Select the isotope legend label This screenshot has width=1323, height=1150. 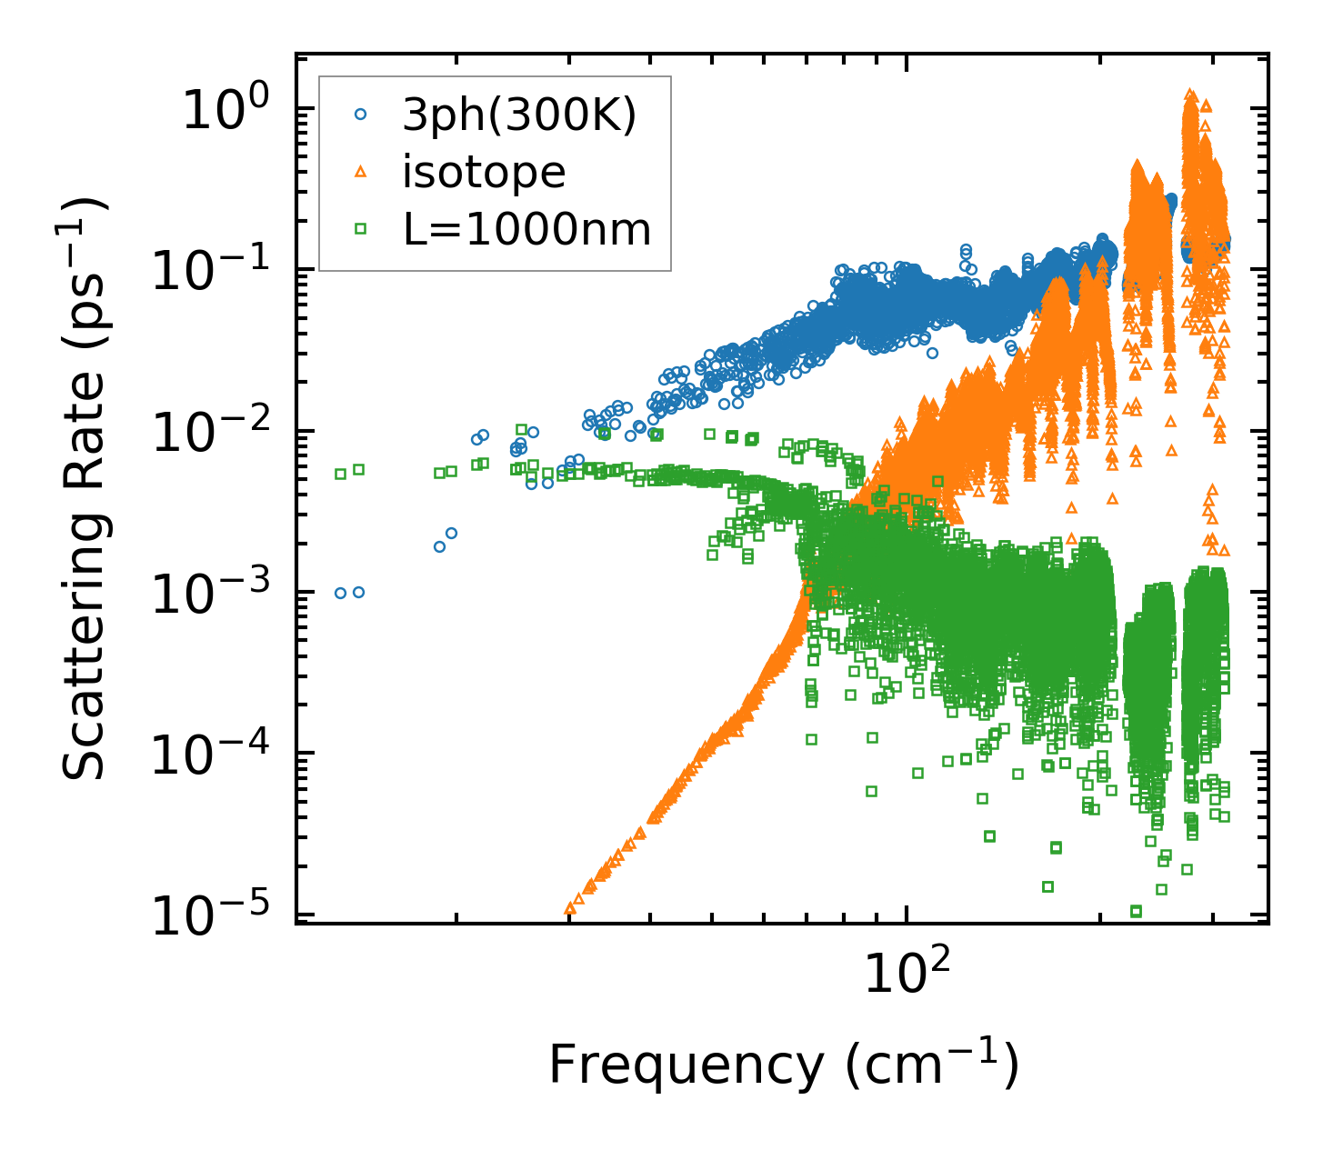(x=484, y=172)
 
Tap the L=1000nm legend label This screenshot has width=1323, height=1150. (x=527, y=229)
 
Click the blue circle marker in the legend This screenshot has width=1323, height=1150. (x=361, y=115)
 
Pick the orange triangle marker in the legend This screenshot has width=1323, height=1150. (x=361, y=172)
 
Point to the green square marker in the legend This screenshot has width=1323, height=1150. (x=361, y=229)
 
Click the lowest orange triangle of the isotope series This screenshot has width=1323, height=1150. (x=570, y=907)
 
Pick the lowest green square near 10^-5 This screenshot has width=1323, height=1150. (x=1136, y=911)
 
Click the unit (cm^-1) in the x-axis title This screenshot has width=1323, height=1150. (x=932, y=1065)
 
